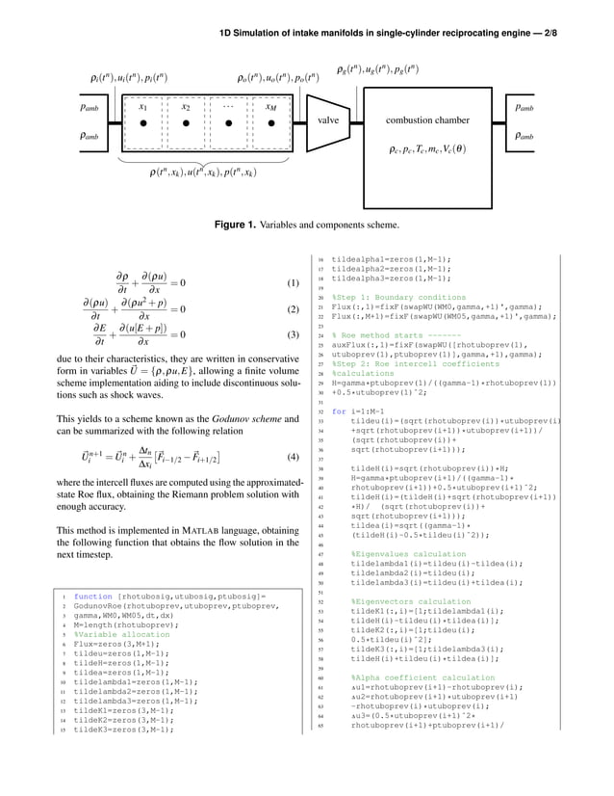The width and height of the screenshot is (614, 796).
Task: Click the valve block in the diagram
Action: coord(329,121)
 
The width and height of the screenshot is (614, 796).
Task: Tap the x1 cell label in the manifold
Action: coord(143,108)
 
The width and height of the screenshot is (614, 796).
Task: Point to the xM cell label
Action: coord(272,108)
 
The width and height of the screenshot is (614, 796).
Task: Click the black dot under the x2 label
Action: coord(185,124)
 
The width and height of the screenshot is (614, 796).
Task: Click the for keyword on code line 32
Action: coord(337,411)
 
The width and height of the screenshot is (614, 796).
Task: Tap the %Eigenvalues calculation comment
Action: coord(395,555)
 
